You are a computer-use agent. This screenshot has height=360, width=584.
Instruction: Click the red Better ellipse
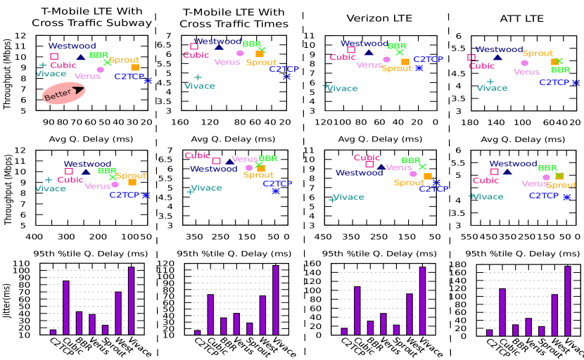(63, 94)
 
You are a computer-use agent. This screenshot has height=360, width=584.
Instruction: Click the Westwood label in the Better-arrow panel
(72, 46)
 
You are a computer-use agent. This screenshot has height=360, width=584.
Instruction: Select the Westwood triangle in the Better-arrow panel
(81, 57)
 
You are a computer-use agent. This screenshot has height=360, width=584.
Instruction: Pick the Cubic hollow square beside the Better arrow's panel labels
(54, 56)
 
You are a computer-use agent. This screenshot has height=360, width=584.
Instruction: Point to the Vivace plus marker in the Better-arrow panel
(43, 65)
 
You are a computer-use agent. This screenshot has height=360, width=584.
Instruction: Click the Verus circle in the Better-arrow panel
(100, 70)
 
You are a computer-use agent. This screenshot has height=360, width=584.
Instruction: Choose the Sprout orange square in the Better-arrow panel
(134, 67)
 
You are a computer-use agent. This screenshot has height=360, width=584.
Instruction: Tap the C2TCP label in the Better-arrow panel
(129, 77)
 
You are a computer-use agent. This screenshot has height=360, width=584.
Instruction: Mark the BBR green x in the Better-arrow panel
(107, 63)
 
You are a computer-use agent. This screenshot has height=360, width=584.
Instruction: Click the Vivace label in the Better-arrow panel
(51, 74)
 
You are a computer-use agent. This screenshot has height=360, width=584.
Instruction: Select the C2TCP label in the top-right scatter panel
(554, 83)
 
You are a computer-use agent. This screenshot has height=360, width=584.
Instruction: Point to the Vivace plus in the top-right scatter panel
(490, 82)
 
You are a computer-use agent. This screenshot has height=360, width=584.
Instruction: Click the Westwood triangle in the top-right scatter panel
(497, 57)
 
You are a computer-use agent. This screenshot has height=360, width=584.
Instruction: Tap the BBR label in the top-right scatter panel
(561, 70)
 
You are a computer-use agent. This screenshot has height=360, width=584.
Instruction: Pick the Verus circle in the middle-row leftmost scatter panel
(115, 184)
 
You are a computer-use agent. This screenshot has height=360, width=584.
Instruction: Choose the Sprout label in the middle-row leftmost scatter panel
(132, 176)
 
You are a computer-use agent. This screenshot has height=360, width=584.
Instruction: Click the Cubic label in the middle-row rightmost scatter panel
(486, 181)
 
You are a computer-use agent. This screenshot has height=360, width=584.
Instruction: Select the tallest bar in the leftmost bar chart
(131, 301)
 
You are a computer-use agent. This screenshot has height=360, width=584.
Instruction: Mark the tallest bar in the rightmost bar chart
(568, 301)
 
